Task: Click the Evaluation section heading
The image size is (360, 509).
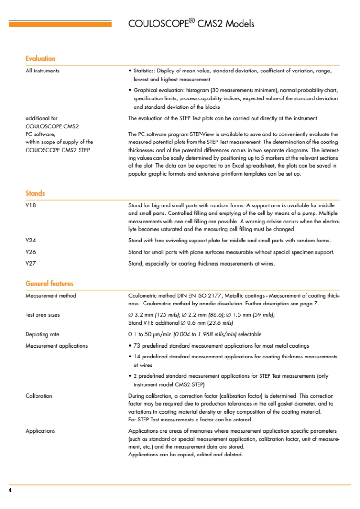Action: [x=40, y=59]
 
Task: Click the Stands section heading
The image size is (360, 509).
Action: [x=35, y=193]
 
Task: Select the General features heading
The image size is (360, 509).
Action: [x=49, y=284]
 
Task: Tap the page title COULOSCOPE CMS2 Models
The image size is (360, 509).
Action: [x=191, y=24]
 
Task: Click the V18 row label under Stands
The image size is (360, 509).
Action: [x=30, y=205]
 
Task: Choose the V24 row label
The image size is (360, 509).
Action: [x=30, y=241]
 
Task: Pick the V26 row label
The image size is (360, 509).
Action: [x=30, y=252]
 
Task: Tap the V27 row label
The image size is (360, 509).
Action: [x=30, y=263]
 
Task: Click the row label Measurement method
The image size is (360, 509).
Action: [x=51, y=296]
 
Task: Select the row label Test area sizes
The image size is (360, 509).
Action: [x=43, y=314]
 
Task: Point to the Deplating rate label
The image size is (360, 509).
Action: [x=42, y=334]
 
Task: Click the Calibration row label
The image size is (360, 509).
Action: [x=38, y=396]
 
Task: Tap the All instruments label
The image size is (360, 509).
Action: [x=43, y=71]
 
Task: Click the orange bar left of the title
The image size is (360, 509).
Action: [x=60, y=24]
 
